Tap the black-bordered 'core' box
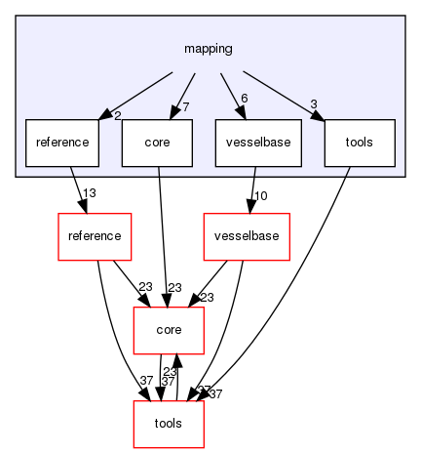[157, 143]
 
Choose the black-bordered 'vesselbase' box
[258, 143]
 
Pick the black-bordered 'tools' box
[360, 143]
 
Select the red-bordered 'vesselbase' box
[246, 237]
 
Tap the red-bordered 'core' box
[169, 331]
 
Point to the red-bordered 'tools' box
[169, 425]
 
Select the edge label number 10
[260, 196]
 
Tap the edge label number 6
[243, 98]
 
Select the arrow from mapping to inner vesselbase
[230, 93]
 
